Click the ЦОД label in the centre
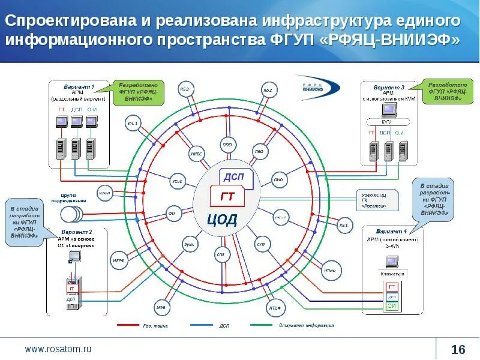tap(223, 219)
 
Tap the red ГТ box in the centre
tap(228, 196)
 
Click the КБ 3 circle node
tap(184, 90)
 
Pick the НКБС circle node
tap(196, 153)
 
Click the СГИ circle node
tap(220, 254)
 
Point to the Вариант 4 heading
tap(391, 231)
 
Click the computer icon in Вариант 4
tap(392, 262)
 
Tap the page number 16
tap(458, 349)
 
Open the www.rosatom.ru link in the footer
tap(58, 348)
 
